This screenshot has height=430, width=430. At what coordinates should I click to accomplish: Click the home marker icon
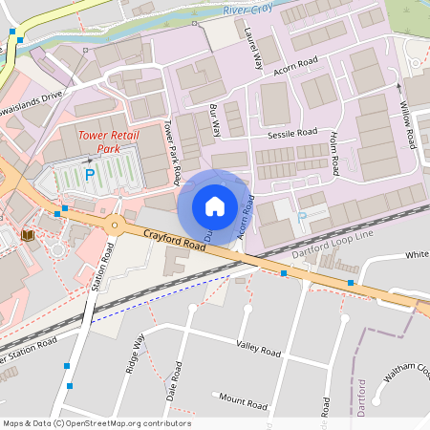pos(215,205)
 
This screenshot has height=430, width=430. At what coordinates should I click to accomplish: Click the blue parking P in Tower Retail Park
pos(90,175)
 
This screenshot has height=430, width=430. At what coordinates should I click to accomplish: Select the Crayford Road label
pos(176,240)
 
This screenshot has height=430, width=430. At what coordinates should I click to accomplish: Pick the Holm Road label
pos(335,153)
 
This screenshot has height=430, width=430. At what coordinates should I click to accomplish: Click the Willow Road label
pos(407,124)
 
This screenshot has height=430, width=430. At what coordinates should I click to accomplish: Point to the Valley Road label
pos(258,352)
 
